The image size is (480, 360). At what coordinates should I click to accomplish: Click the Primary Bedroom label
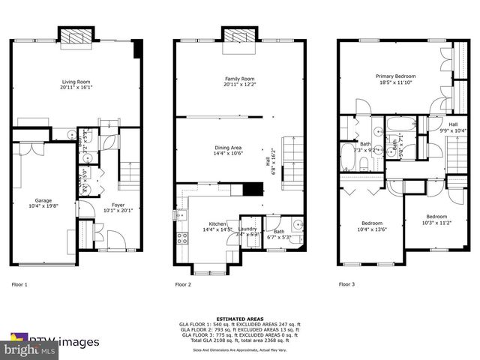point(395,79)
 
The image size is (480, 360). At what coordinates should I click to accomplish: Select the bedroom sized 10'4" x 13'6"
point(373,226)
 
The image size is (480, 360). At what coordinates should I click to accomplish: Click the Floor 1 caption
point(19,285)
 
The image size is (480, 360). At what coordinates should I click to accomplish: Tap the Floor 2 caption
point(183,285)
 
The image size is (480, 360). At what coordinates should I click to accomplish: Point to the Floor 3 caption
point(346,285)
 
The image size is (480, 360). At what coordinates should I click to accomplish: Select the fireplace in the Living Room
point(75,36)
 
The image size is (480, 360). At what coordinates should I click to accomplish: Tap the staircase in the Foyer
point(130,174)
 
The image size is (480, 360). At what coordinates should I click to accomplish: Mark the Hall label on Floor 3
point(453,127)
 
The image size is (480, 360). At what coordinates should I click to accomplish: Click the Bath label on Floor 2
point(279,232)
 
